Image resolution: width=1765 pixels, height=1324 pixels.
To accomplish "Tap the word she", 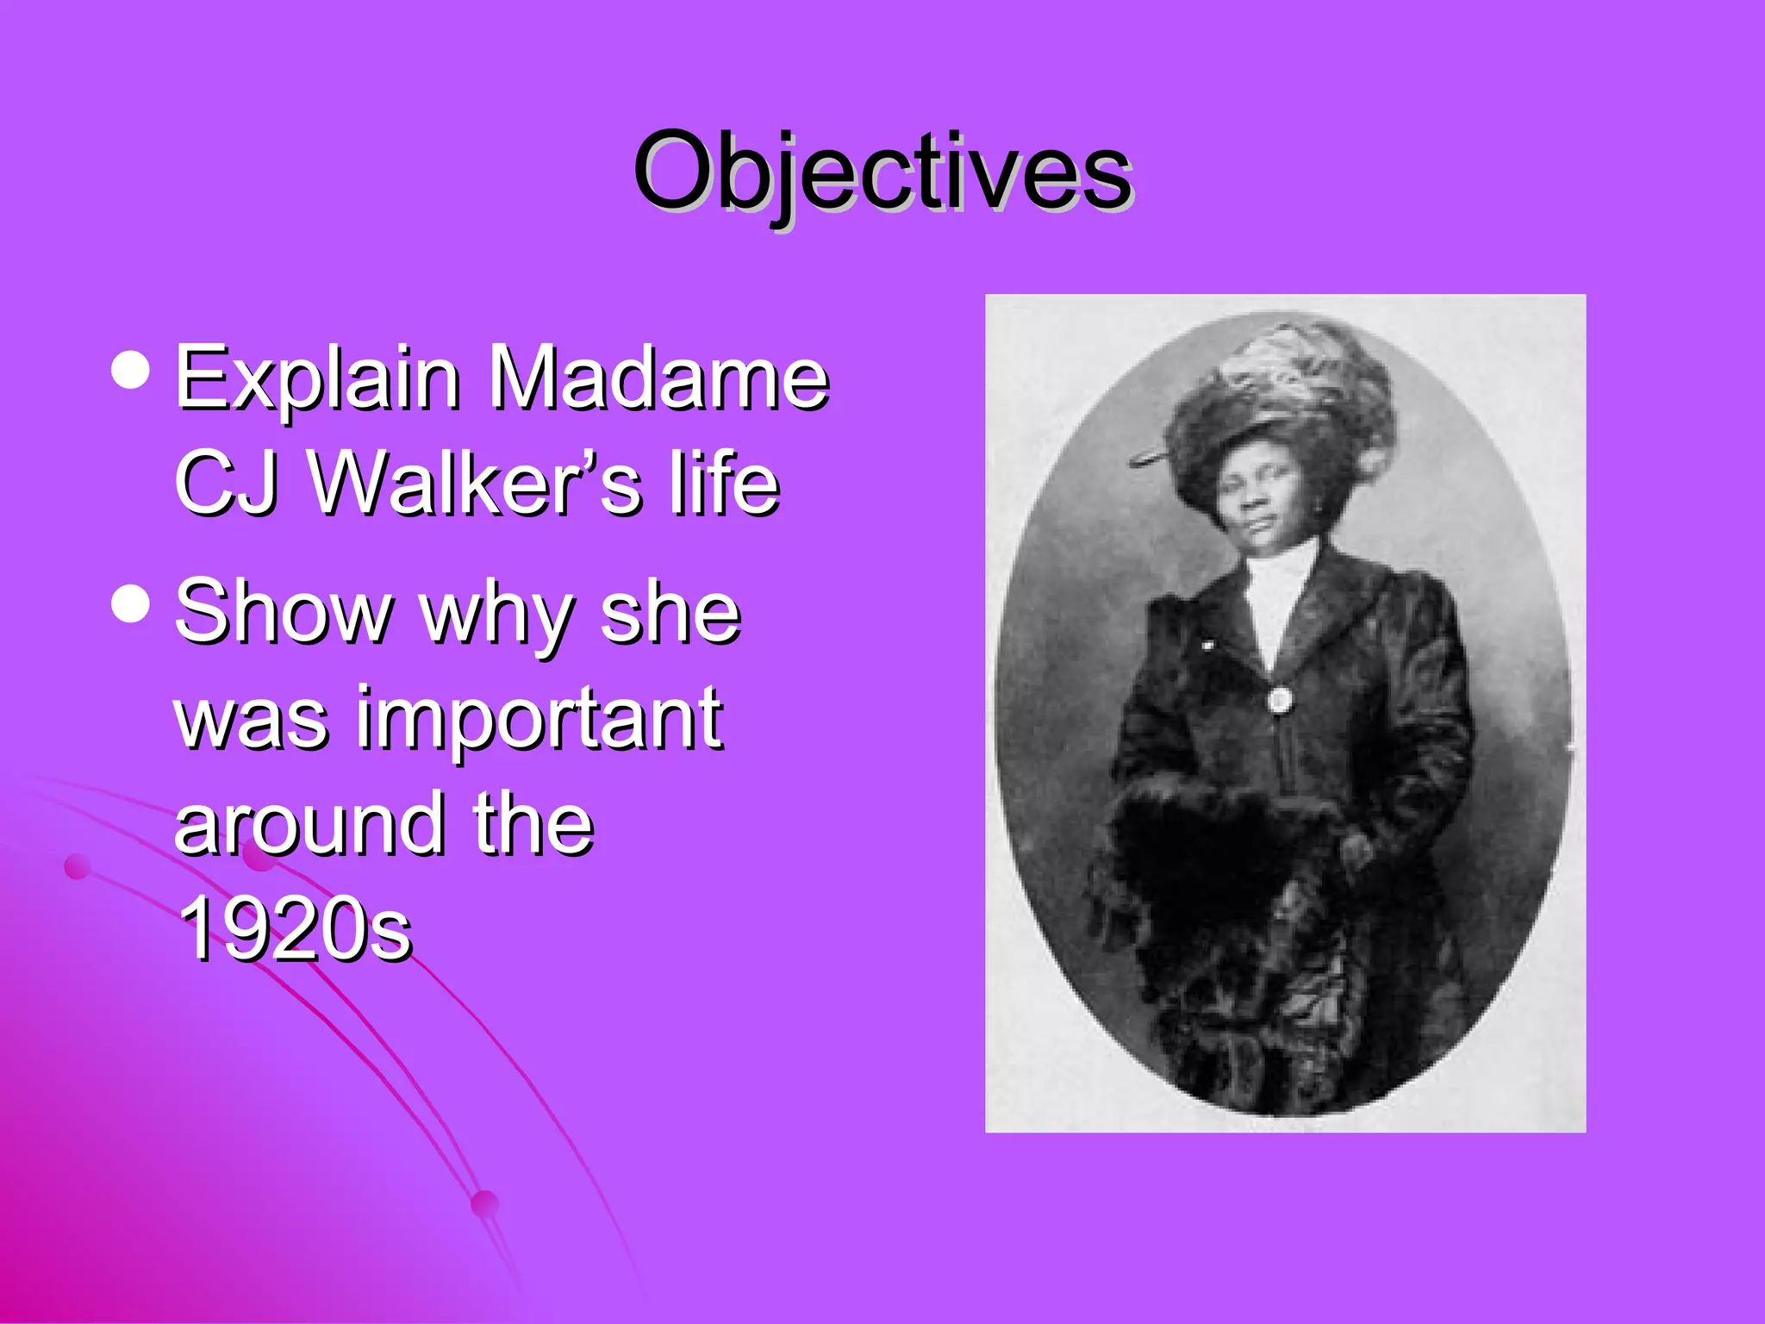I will click(x=670, y=612).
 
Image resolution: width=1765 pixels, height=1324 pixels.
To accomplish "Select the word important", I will click(x=539, y=720).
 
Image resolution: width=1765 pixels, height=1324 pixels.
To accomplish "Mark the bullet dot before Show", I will click(x=131, y=603).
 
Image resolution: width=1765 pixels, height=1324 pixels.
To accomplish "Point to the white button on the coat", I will click(x=1280, y=699).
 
